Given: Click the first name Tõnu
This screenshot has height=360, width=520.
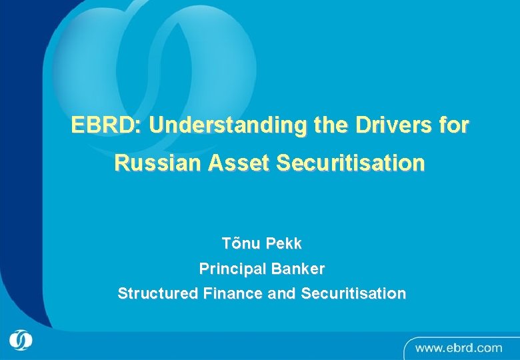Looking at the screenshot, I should [241, 244].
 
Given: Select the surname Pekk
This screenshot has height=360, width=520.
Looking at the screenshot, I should [284, 244].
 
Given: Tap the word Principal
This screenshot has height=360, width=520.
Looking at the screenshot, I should [231, 269].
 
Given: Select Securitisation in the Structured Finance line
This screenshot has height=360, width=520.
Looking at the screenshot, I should [353, 293].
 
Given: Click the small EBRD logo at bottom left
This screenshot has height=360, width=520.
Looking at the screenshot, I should [20, 341].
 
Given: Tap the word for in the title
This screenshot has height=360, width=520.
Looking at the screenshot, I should [454, 125].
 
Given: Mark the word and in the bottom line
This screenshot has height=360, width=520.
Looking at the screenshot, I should [282, 293].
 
